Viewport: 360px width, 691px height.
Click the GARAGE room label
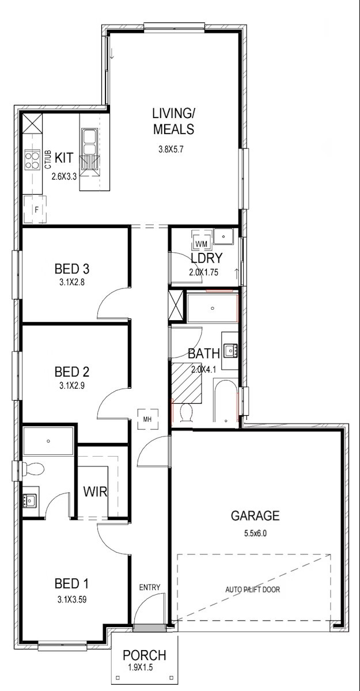coord(255,515)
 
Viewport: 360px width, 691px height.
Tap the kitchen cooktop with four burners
coord(32,160)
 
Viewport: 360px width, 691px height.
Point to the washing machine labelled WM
coord(202,239)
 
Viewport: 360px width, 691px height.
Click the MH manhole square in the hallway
coord(148,419)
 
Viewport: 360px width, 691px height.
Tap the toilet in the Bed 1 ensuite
coord(32,469)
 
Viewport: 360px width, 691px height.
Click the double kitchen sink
coord(89,142)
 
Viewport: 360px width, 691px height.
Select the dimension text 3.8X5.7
coord(171,150)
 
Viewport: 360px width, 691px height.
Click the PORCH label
coord(145,655)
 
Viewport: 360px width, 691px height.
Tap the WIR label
coord(95,491)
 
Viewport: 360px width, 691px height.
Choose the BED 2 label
coord(72,372)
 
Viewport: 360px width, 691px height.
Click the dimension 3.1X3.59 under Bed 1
coord(72,599)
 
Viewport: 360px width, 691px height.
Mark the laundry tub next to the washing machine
coord(223,237)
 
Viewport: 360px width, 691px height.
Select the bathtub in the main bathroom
coord(226,401)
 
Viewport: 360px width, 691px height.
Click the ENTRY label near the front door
coord(150,587)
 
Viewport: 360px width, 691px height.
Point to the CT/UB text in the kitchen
coord(48,160)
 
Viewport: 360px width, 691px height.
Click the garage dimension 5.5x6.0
coord(255,533)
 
